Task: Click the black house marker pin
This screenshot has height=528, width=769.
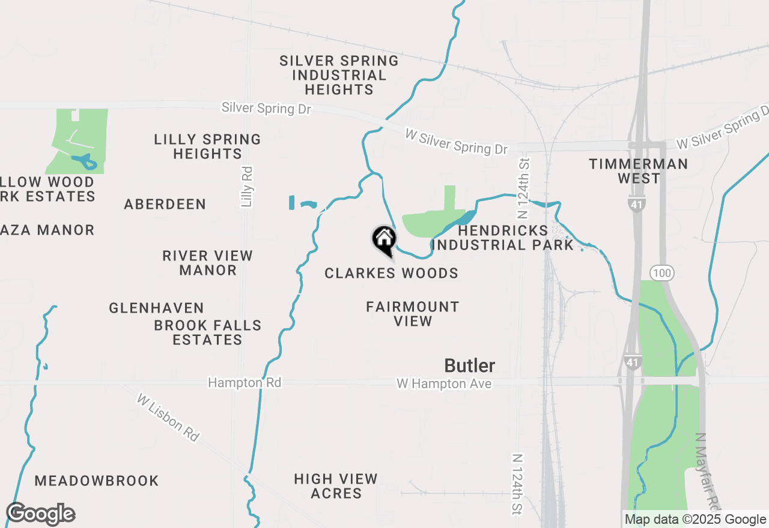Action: pyautogui.click(x=384, y=239)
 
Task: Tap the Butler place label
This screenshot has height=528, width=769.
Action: pyautogui.click(x=470, y=365)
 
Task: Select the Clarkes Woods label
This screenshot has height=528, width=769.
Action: pyautogui.click(x=391, y=274)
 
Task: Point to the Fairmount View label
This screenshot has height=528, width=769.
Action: pyautogui.click(x=413, y=314)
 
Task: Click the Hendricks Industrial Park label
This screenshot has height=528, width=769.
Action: pyautogui.click(x=503, y=238)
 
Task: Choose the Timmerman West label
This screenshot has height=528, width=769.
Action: pyautogui.click(x=638, y=171)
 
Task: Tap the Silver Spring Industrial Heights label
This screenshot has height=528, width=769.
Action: pyautogui.click(x=339, y=75)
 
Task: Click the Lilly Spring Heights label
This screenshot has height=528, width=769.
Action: pyautogui.click(x=207, y=146)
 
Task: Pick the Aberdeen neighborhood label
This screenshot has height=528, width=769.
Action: pyautogui.click(x=165, y=205)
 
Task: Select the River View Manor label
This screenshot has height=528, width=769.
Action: pyautogui.click(x=208, y=263)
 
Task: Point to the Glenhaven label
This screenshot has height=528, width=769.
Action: pyautogui.click(x=157, y=308)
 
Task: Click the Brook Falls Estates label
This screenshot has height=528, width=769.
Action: pyautogui.click(x=208, y=332)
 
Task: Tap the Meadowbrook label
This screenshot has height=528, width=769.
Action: pyautogui.click(x=97, y=481)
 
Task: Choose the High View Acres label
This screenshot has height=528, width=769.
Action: pyautogui.click(x=336, y=486)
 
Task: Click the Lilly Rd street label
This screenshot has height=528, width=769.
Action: pyautogui.click(x=246, y=187)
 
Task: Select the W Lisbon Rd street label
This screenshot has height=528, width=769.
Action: pyautogui.click(x=168, y=418)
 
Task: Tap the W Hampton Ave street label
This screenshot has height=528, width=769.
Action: pyautogui.click(x=444, y=383)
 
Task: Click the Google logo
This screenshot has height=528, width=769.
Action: pyautogui.click(x=41, y=514)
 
